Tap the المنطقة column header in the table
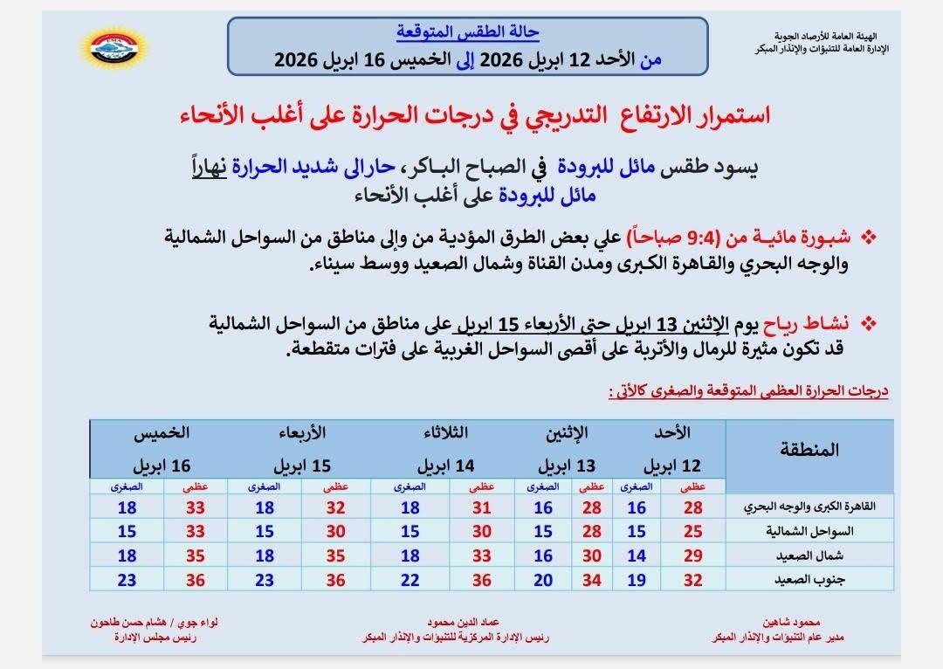click(807, 450)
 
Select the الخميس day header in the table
click(162, 432)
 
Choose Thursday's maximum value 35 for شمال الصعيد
click(196, 555)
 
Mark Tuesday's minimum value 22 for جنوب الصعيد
click(410, 580)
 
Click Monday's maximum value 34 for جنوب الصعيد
click(592, 580)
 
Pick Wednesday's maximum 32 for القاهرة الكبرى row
click(336, 507)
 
